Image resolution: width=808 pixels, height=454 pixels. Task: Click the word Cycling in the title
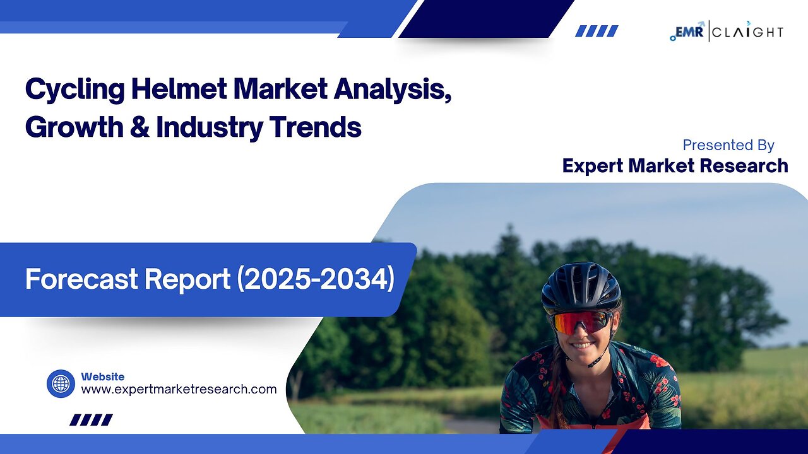[75, 90]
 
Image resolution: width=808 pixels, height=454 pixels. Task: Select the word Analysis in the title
[393, 90]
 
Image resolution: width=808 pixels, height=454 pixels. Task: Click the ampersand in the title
[140, 127]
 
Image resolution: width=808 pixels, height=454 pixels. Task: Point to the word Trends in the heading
[315, 127]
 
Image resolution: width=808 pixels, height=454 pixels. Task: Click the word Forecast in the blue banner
[81, 279]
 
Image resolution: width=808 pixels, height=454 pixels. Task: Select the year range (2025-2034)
[316, 279]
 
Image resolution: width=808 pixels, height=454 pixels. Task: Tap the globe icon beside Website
[61, 384]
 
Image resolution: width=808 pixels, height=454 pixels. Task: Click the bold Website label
[103, 376]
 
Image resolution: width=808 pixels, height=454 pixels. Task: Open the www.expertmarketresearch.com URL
[179, 390]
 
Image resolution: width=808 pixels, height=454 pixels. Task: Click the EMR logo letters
[687, 32]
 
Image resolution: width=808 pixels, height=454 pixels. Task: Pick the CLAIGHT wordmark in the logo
[748, 32]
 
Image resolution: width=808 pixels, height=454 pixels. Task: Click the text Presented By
[728, 145]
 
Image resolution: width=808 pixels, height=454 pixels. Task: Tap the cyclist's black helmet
[581, 286]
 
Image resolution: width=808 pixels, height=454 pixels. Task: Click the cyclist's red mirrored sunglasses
[581, 322]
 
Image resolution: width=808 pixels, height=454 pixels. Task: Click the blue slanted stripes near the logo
[597, 31]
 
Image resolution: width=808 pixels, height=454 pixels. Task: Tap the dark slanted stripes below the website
[91, 420]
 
